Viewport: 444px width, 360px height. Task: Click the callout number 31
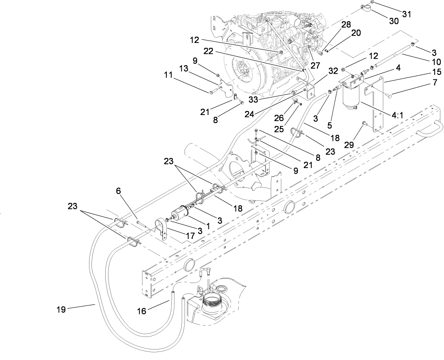pos(406,14)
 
